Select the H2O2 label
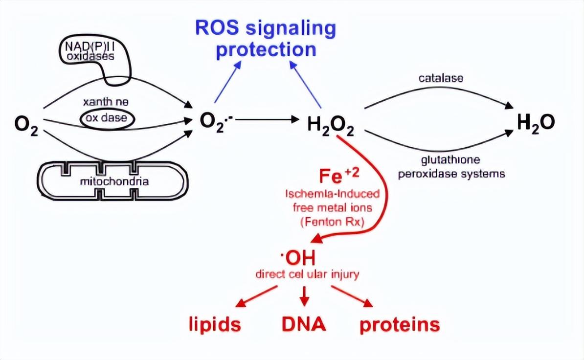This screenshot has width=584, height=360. coord(331,126)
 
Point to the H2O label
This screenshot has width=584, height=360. coord(536,122)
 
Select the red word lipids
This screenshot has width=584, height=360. coord(215,325)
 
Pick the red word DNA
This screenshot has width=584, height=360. coord(304,324)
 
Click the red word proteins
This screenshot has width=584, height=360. coord(400,325)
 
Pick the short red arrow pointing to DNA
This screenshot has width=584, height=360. coord(305,294)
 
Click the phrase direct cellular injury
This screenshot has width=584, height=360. coord(307,273)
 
